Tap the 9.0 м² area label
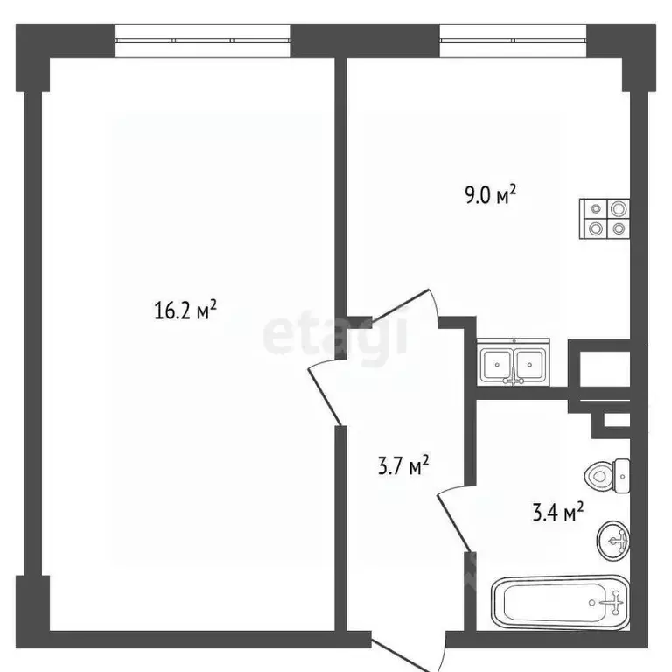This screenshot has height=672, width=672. pos(490,194)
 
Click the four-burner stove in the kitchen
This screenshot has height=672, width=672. pos(605,218)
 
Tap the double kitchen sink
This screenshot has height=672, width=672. pos(514,361)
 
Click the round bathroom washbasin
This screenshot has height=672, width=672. pos(615,539)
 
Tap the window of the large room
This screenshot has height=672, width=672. pos(202,39)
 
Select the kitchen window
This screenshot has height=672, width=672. pos(512,39)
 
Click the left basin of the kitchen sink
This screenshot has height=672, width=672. pos(500,361)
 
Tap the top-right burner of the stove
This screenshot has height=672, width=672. pos(618,208)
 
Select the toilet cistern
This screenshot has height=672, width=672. pos(622,475)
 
